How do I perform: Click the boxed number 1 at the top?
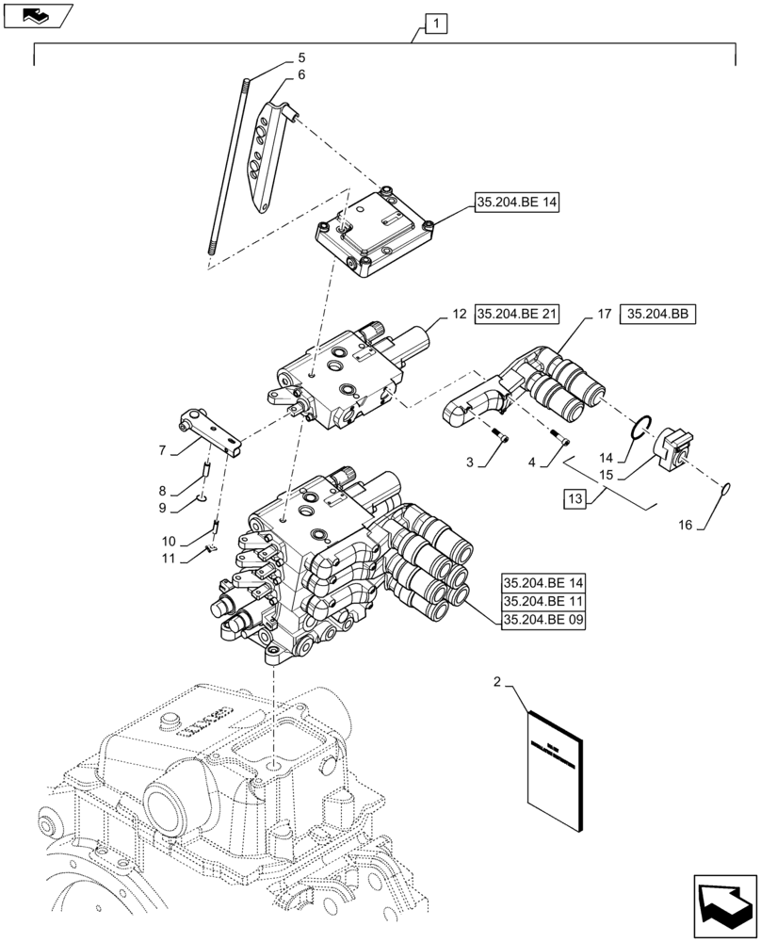436,22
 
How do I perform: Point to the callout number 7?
164,452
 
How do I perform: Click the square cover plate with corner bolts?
374,235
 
